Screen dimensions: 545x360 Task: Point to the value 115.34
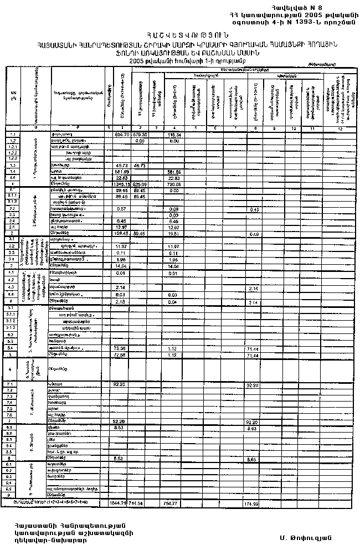coord(176,135)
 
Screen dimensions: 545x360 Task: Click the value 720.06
coord(176,183)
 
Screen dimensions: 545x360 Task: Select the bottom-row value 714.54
coord(136,503)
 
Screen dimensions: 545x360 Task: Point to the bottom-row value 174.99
coord(251,503)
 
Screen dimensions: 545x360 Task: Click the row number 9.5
coord(12,489)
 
